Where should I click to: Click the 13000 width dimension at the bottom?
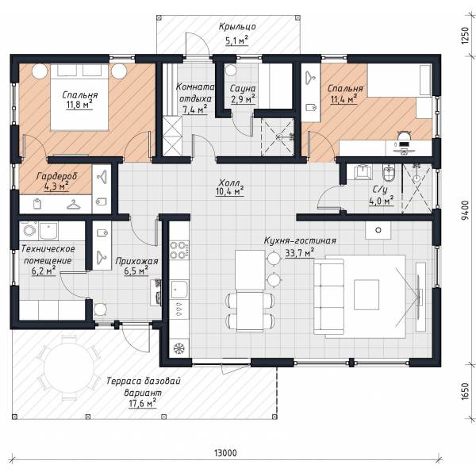[225, 453]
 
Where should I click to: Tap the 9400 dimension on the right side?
[464, 210]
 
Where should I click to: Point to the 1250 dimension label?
[465, 36]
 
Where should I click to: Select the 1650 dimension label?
[465, 391]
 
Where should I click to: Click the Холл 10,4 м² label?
[230, 187]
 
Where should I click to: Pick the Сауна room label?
[242, 89]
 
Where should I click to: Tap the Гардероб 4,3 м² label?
[57, 181]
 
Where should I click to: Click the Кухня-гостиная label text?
[300, 240]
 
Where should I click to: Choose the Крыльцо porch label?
[237, 27]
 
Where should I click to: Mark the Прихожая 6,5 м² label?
[136, 266]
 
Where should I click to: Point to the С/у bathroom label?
[380, 190]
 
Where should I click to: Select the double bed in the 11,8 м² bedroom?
[79, 98]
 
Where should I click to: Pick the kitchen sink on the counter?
[179, 290]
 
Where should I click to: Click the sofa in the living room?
[330, 297]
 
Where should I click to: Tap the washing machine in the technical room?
[29, 230]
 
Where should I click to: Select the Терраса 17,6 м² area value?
[142, 404]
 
